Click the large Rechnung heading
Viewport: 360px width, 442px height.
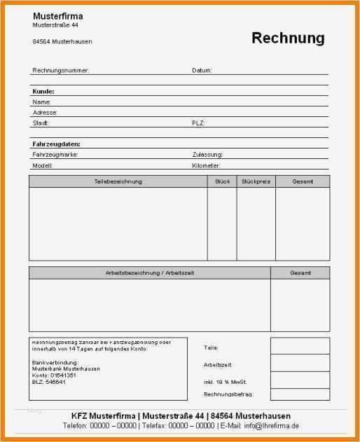point(288,38)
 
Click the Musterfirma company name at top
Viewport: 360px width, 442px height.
point(57,15)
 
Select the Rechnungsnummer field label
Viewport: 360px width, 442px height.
point(61,70)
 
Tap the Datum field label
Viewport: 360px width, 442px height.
point(202,70)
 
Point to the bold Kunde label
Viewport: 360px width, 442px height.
point(43,91)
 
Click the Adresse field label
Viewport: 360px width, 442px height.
point(45,112)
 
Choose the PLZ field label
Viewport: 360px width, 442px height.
point(198,123)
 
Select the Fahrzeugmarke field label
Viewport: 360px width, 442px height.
point(55,154)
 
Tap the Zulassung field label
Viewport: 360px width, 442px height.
point(207,154)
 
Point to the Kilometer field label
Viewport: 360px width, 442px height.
point(207,166)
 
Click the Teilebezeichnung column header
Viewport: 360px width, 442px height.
point(118,181)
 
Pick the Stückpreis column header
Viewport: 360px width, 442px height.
point(256,181)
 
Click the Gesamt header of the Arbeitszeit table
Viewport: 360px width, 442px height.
point(300,272)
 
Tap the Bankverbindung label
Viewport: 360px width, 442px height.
point(55,362)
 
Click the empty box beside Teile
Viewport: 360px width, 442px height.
point(300,346)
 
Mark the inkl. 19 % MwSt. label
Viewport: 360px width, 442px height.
point(226,381)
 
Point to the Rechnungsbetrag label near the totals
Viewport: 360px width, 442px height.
point(228,394)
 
